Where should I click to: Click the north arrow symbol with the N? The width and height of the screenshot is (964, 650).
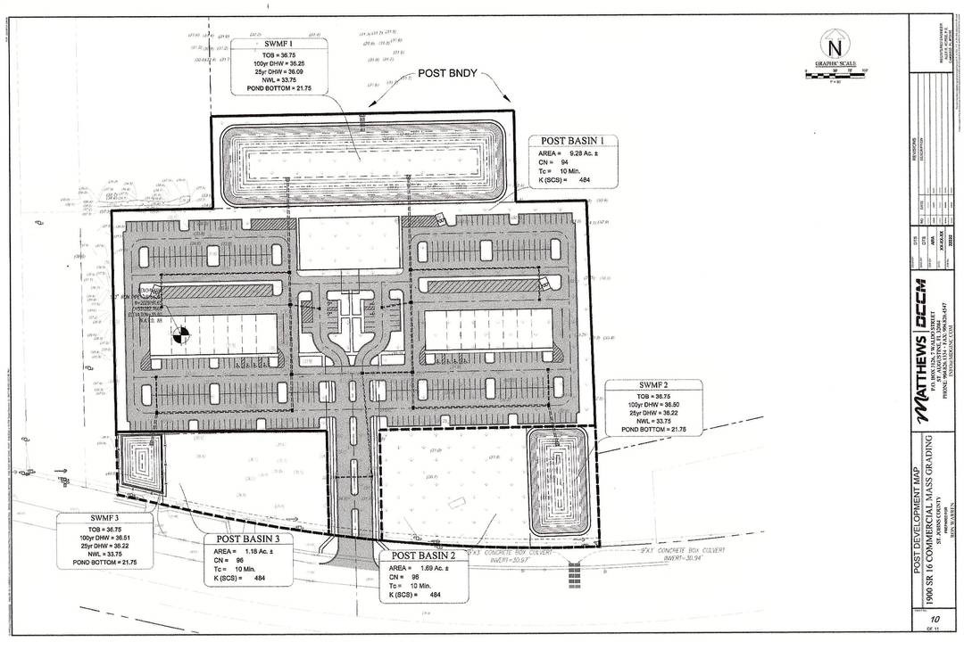(x=835, y=47)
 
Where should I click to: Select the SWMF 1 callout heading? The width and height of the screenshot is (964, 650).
(x=278, y=43)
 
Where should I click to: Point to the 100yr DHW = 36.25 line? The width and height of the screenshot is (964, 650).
(x=278, y=64)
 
